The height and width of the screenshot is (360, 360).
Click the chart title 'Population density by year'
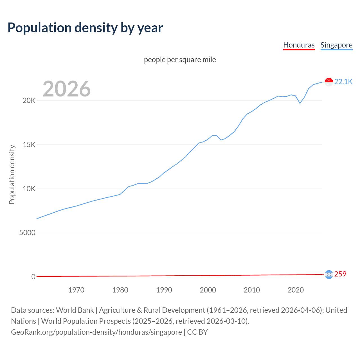tap(85, 28)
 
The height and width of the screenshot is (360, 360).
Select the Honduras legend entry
tap(299, 45)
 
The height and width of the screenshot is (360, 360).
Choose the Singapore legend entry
tap(336, 45)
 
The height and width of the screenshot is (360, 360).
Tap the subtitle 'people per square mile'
tap(180, 60)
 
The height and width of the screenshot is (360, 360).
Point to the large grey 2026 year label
tap(67, 89)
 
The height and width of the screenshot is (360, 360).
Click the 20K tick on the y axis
tap(29, 101)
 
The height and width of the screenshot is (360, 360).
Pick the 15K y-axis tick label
tap(29, 145)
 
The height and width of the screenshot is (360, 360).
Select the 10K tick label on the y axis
tap(29, 189)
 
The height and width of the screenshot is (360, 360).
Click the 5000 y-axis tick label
tap(27, 233)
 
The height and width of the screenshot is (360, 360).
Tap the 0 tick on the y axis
tap(33, 277)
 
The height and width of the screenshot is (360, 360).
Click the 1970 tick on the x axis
tap(76, 290)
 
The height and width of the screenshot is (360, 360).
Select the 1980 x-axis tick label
tap(120, 290)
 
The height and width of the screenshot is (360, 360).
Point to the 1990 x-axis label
tap(164, 290)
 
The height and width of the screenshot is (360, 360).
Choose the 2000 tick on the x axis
tap(208, 290)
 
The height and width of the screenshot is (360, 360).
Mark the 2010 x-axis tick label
tap(252, 290)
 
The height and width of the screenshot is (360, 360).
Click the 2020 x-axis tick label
tap(296, 290)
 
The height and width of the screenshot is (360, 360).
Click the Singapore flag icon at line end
tap(329, 82)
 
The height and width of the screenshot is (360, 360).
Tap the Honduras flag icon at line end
tap(329, 274)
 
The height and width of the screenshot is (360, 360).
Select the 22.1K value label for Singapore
tap(343, 82)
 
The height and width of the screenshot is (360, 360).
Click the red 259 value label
tap(340, 274)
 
